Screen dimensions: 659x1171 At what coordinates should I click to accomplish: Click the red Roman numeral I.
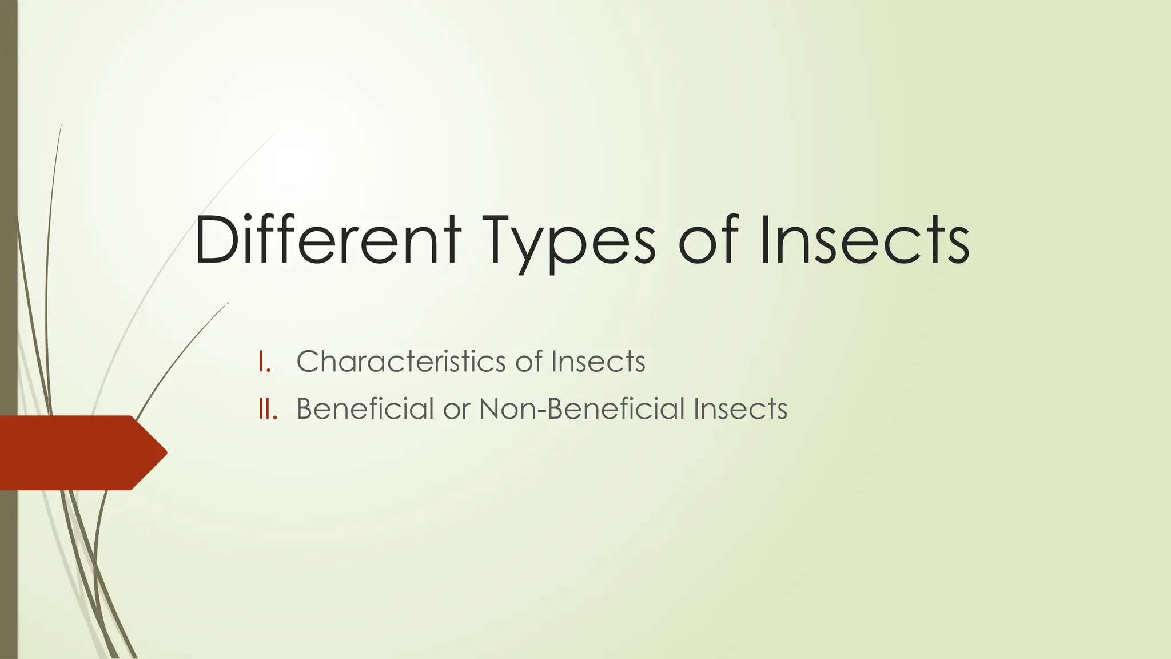coord(264,362)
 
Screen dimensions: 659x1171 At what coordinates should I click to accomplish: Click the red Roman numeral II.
coord(267,409)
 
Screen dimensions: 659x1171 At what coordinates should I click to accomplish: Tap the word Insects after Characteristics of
coord(598,362)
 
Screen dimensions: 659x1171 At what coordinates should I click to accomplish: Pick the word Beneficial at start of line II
coord(365,409)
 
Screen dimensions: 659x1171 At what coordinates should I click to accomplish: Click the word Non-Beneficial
coord(582,409)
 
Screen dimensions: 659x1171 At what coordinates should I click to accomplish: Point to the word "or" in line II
coord(456,410)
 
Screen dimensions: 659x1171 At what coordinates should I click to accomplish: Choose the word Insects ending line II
coord(740,409)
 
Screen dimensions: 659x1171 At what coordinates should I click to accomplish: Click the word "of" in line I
coord(528,362)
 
